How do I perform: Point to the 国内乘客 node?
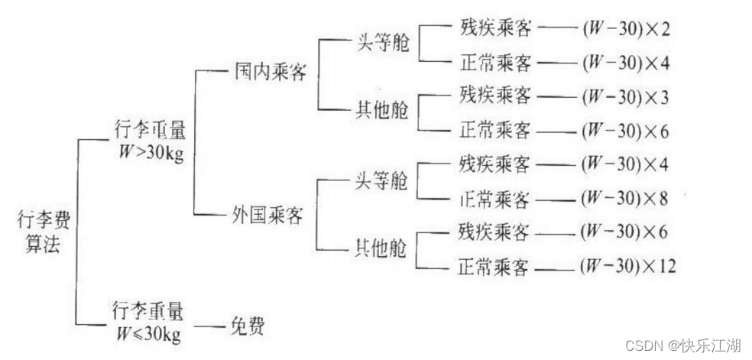[270, 73]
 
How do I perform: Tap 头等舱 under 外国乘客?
[380, 182]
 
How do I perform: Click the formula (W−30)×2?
[624, 31]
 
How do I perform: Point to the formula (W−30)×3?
[624, 97]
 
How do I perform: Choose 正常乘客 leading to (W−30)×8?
[494, 199]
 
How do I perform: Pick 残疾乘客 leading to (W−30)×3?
[494, 96]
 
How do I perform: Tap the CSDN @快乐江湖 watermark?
[682, 345]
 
